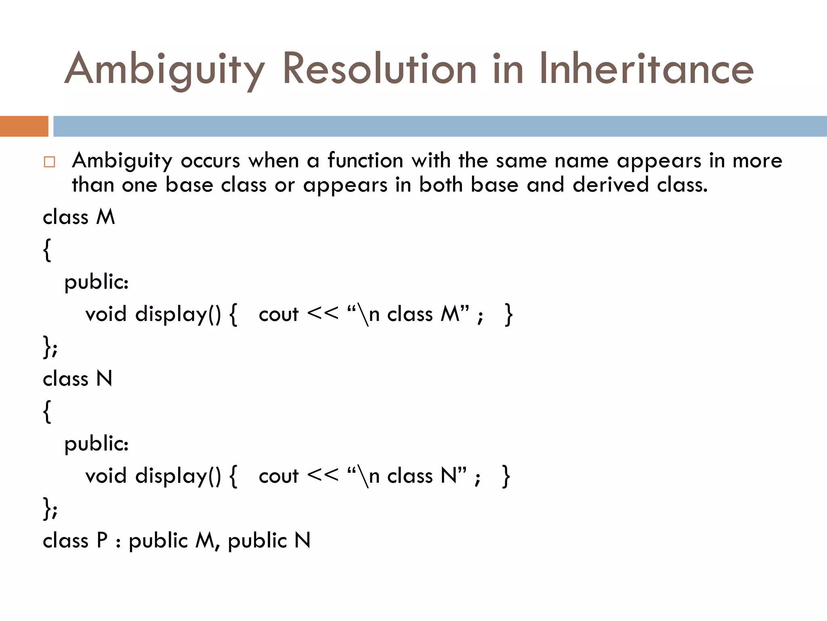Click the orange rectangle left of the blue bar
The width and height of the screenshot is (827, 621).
[24, 126]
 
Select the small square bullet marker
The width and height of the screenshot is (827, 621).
[49, 162]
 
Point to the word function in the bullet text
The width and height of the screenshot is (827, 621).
[365, 161]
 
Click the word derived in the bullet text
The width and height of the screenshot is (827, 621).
[610, 185]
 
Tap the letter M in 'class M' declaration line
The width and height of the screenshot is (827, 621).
[106, 217]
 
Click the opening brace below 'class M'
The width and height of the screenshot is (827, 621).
[47, 250]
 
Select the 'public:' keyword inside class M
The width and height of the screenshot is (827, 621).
[97, 282]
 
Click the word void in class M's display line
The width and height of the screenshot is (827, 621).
[106, 314]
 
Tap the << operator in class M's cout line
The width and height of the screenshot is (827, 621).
[322, 313]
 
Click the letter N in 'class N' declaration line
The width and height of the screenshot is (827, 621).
[104, 379]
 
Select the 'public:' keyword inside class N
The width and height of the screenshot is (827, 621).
[97, 444]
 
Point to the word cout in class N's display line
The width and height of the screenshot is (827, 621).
[278, 476]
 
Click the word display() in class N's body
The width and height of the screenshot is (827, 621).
[178, 476]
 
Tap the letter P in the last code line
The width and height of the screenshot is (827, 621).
[102, 541]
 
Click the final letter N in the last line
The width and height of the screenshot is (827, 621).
[302, 541]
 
